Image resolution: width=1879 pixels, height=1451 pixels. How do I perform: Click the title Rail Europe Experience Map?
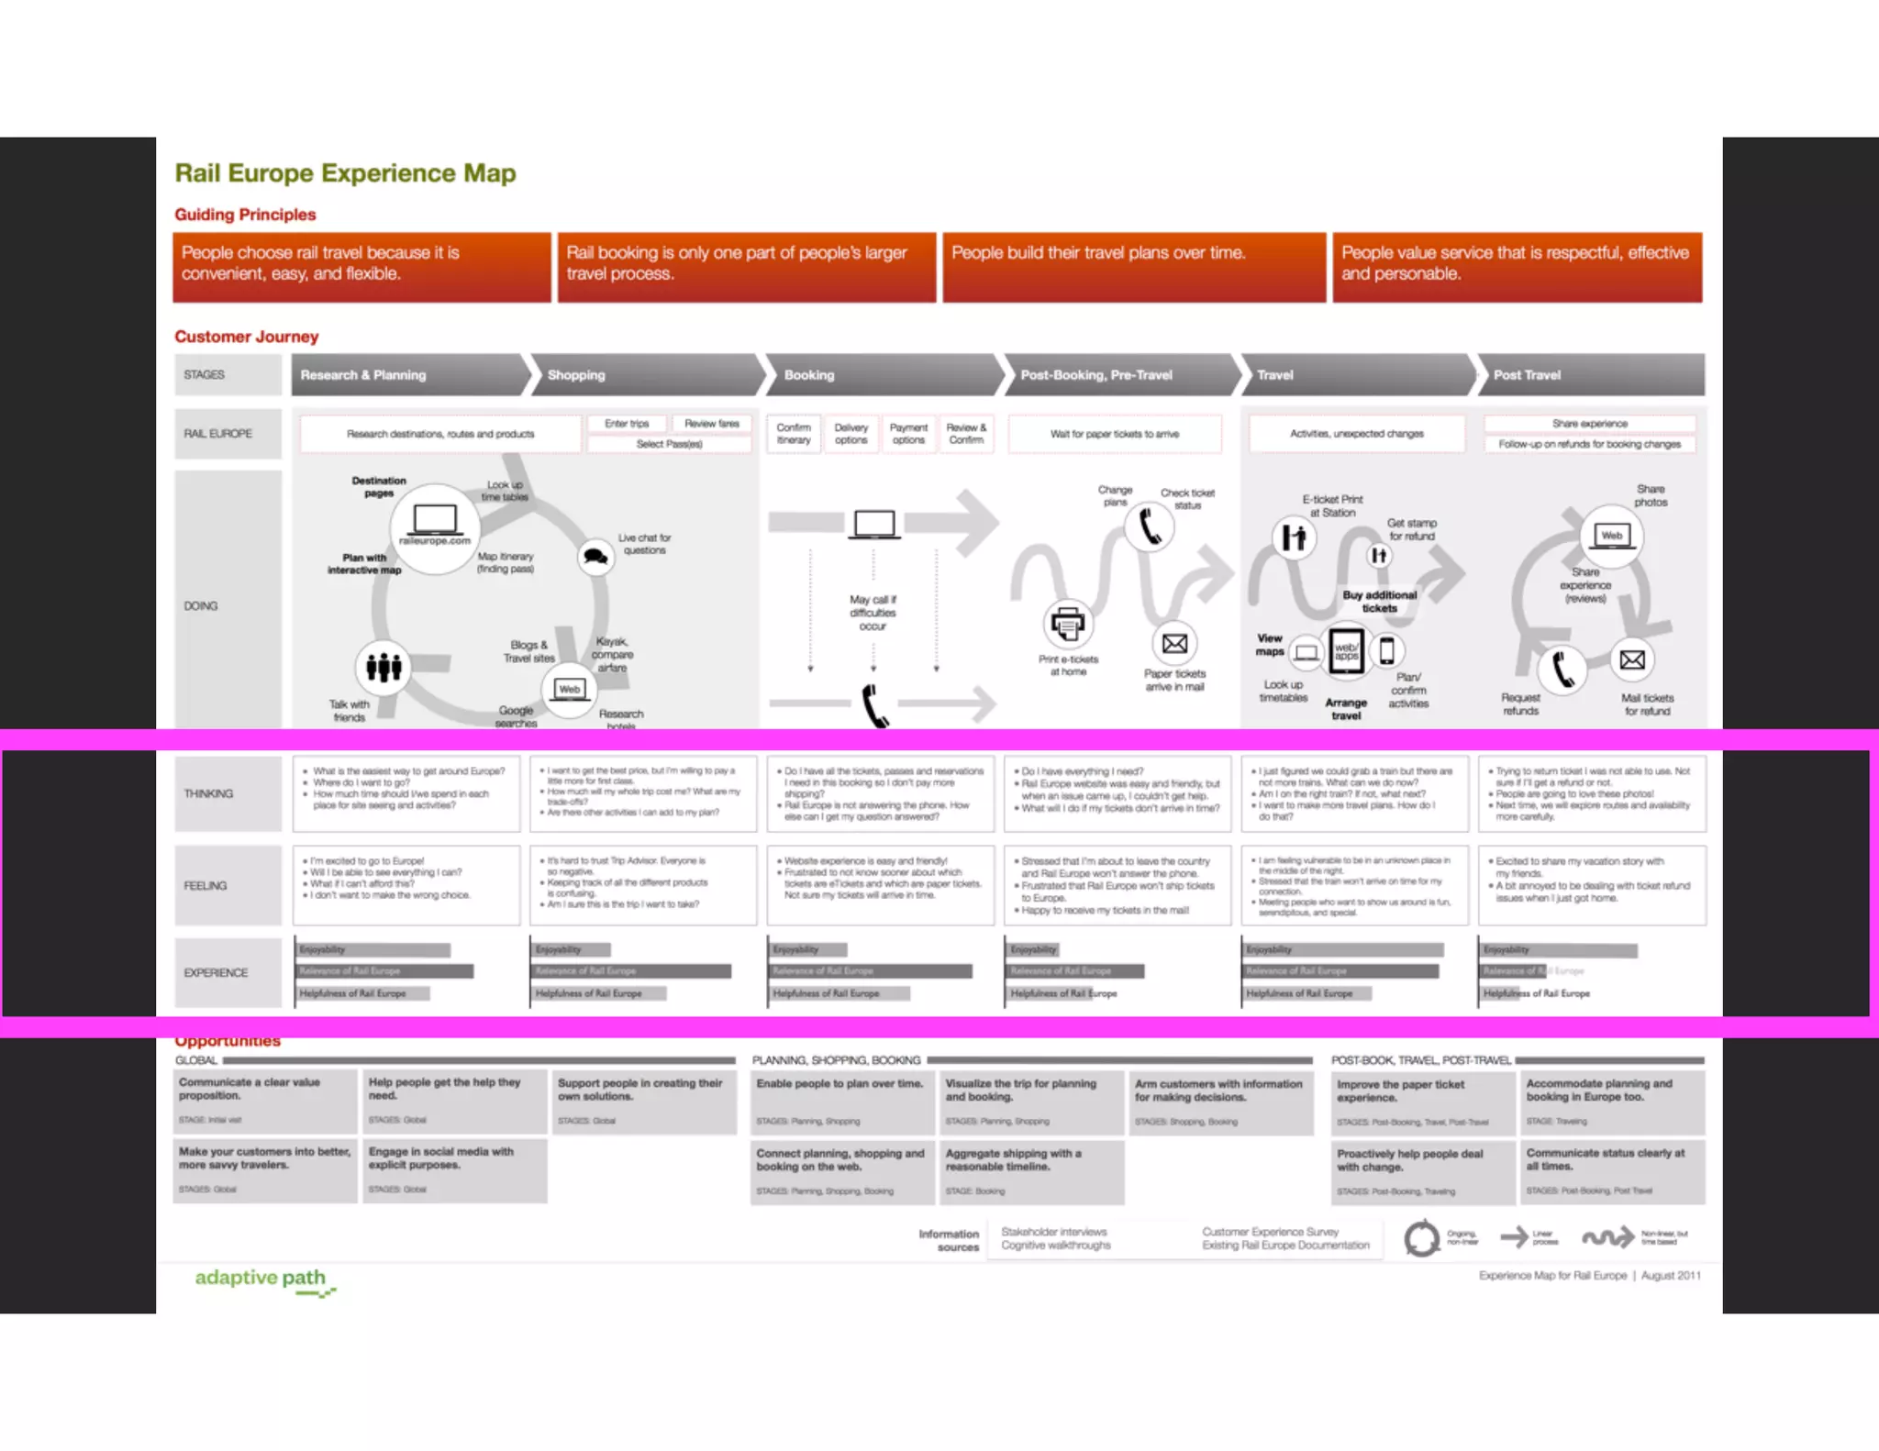[x=345, y=173]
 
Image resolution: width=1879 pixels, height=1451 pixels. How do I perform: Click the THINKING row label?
[x=209, y=793]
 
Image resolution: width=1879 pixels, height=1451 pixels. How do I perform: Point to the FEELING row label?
[x=206, y=886]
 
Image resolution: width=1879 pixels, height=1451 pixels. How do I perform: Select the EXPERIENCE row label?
[x=216, y=972]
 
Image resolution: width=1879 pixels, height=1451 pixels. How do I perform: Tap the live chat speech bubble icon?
[x=596, y=557]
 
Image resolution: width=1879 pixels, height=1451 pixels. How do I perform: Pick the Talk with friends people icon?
[x=384, y=667]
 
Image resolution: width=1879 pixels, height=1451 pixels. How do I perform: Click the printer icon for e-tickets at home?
[x=1067, y=624]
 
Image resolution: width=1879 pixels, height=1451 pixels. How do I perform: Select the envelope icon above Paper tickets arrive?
[x=1174, y=644]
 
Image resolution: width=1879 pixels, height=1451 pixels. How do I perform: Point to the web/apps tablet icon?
[x=1346, y=651]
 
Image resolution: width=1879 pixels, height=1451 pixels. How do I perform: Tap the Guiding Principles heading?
[x=245, y=215]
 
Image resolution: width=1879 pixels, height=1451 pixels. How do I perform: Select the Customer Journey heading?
[x=247, y=337]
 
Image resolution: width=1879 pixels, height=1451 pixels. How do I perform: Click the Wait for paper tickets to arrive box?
[x=1115, y=434]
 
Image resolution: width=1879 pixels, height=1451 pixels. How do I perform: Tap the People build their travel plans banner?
[x=1134, y=267]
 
